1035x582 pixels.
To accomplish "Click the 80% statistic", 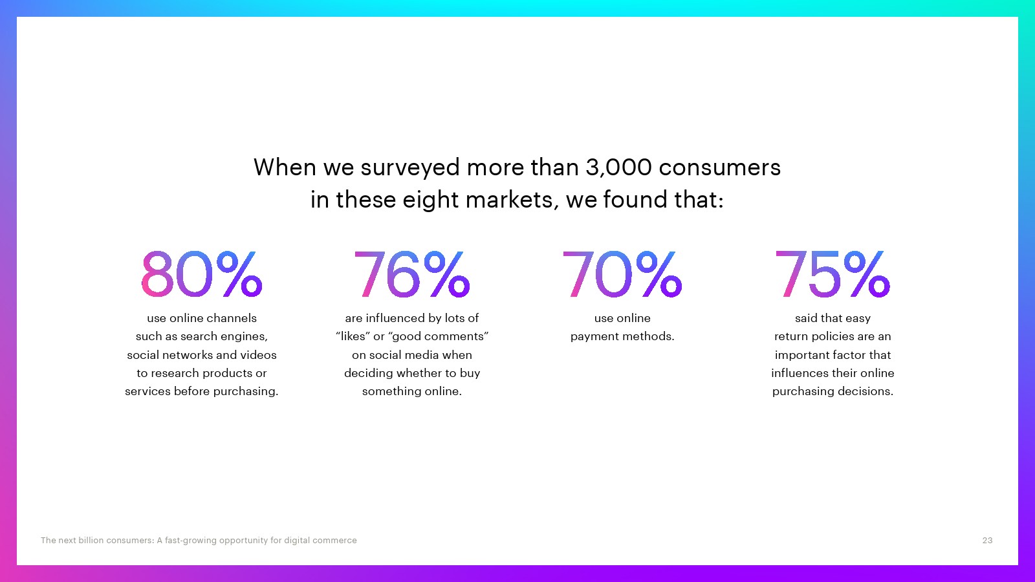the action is [x=202, y=274].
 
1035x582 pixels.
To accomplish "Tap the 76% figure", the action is [x=411, y=274].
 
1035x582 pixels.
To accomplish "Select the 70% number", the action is [x=622, y=274].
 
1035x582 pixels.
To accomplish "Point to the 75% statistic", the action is [x=833, y=274].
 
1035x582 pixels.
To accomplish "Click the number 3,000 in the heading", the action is [x=618, y=167].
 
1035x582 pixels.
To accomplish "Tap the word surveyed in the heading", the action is [x=410, y=168].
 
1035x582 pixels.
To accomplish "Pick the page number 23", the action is [x=987, y=541].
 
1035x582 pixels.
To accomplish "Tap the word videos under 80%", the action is [x=258, y=355].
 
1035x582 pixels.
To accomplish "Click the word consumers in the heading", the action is [x=719, y=168].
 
